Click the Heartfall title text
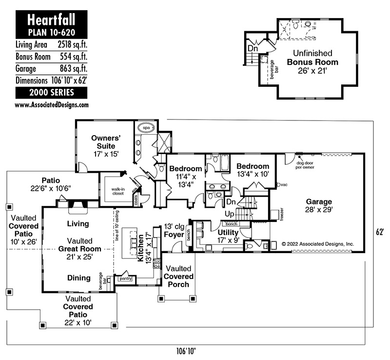click(x=51, y=20)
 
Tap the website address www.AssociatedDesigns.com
click(x=52, y=104)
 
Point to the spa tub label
click(x=146, y=128)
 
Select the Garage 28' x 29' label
click(x=319, y=205)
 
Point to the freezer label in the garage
click(x=282, y=216)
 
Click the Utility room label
click(x=228, y=236)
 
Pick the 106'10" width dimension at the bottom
click(x=187, y=350)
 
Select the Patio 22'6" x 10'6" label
click(x=51, y=184)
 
